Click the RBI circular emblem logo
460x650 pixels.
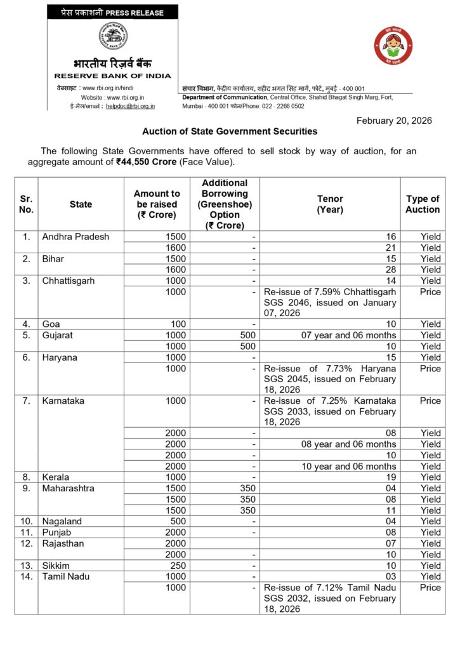click(112, 37)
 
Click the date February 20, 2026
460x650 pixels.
click(394, 121)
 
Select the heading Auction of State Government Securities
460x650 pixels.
click(230, 132)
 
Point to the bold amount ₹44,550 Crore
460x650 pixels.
click(146, 162)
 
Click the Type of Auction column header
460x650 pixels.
click(423, 204)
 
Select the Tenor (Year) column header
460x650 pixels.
click(329, 204)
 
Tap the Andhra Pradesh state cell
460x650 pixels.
click(76, 237)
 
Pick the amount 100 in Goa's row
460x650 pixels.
click(178, 324)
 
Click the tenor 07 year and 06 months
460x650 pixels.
click(348, 335)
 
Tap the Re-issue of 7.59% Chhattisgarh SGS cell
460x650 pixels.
click(329, 303)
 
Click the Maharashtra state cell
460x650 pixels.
click(69, 488)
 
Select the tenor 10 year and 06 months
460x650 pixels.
click(348, 467)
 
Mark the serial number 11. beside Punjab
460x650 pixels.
click(26, 533)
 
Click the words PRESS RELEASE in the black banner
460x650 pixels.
click(135, 12)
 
